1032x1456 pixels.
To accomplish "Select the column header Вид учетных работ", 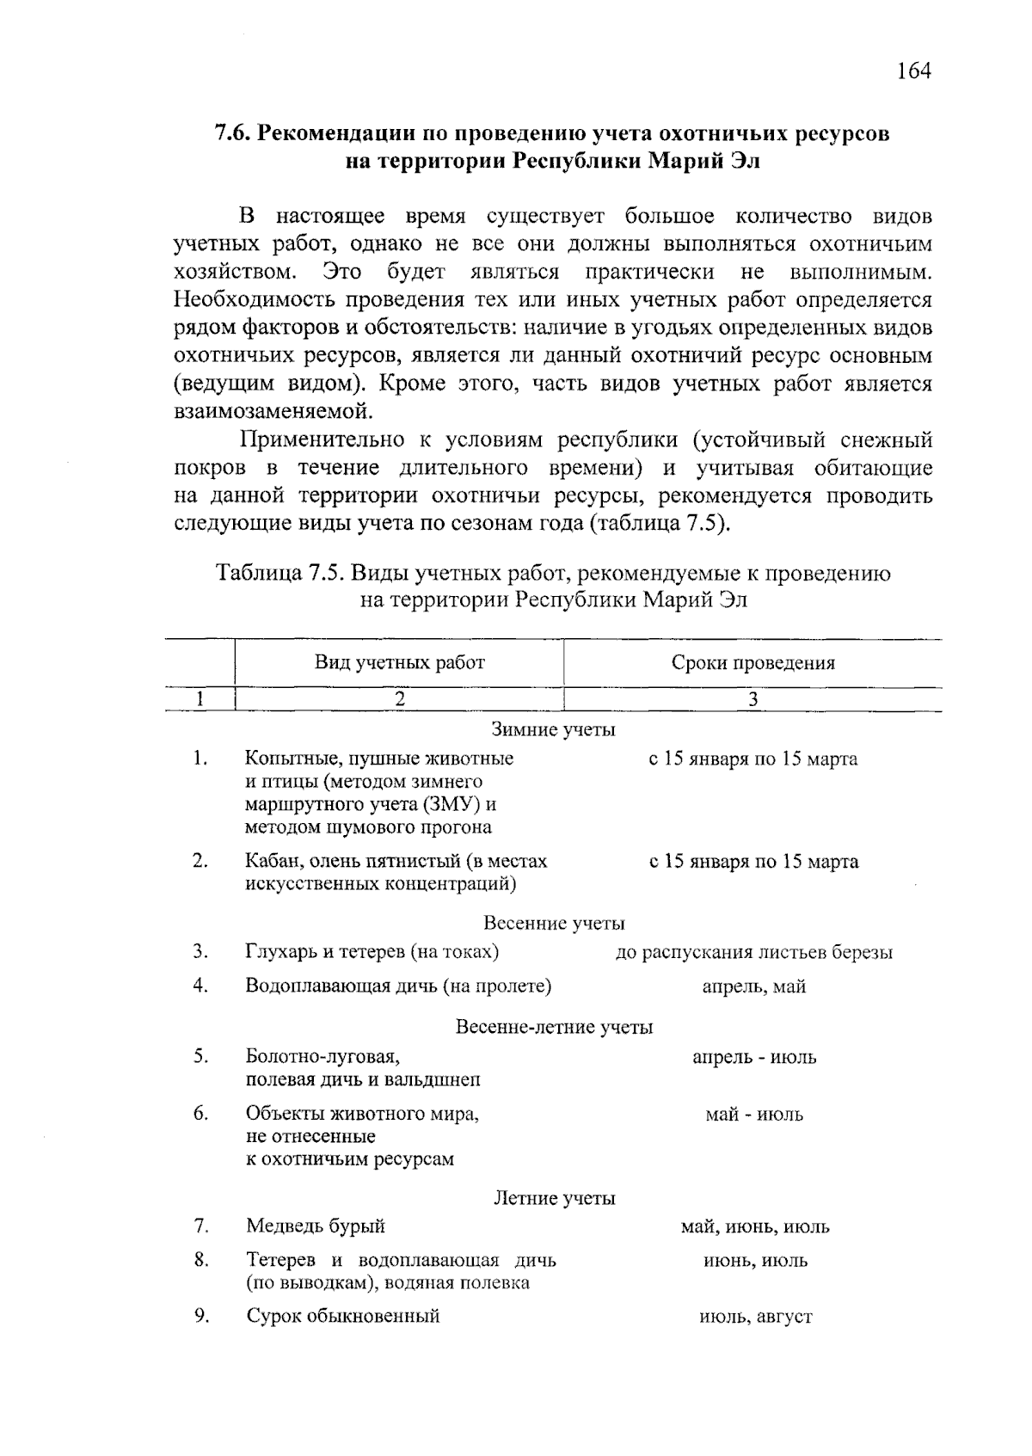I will click(x=399, y=662).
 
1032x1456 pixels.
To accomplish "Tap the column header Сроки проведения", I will click(x=752, y=663).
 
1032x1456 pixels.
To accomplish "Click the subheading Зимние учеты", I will click(x=553, y=730).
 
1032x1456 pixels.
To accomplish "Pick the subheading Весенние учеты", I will click(x=553, y=924).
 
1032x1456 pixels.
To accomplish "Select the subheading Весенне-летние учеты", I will click(x=553, y=1027).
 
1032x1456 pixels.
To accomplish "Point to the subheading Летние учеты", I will click(x=554, y=1198).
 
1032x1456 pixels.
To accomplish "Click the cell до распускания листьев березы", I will click(x=753, y=953).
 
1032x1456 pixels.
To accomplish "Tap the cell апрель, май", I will click(x=753, y=987).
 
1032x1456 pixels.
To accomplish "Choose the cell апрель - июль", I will click(x=753, y=1057).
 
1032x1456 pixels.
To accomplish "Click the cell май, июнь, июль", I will click(x=754, y=1227).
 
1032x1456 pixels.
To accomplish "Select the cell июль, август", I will click(x=755, y=1317).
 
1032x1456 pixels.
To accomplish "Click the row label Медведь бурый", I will click(x=315, y=1226).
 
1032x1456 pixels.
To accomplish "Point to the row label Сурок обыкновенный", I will click(x=342, y=1316).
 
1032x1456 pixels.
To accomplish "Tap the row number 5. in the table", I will click(x=200, y=1056).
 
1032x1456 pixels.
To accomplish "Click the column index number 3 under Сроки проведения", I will click(x=752, y=700).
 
